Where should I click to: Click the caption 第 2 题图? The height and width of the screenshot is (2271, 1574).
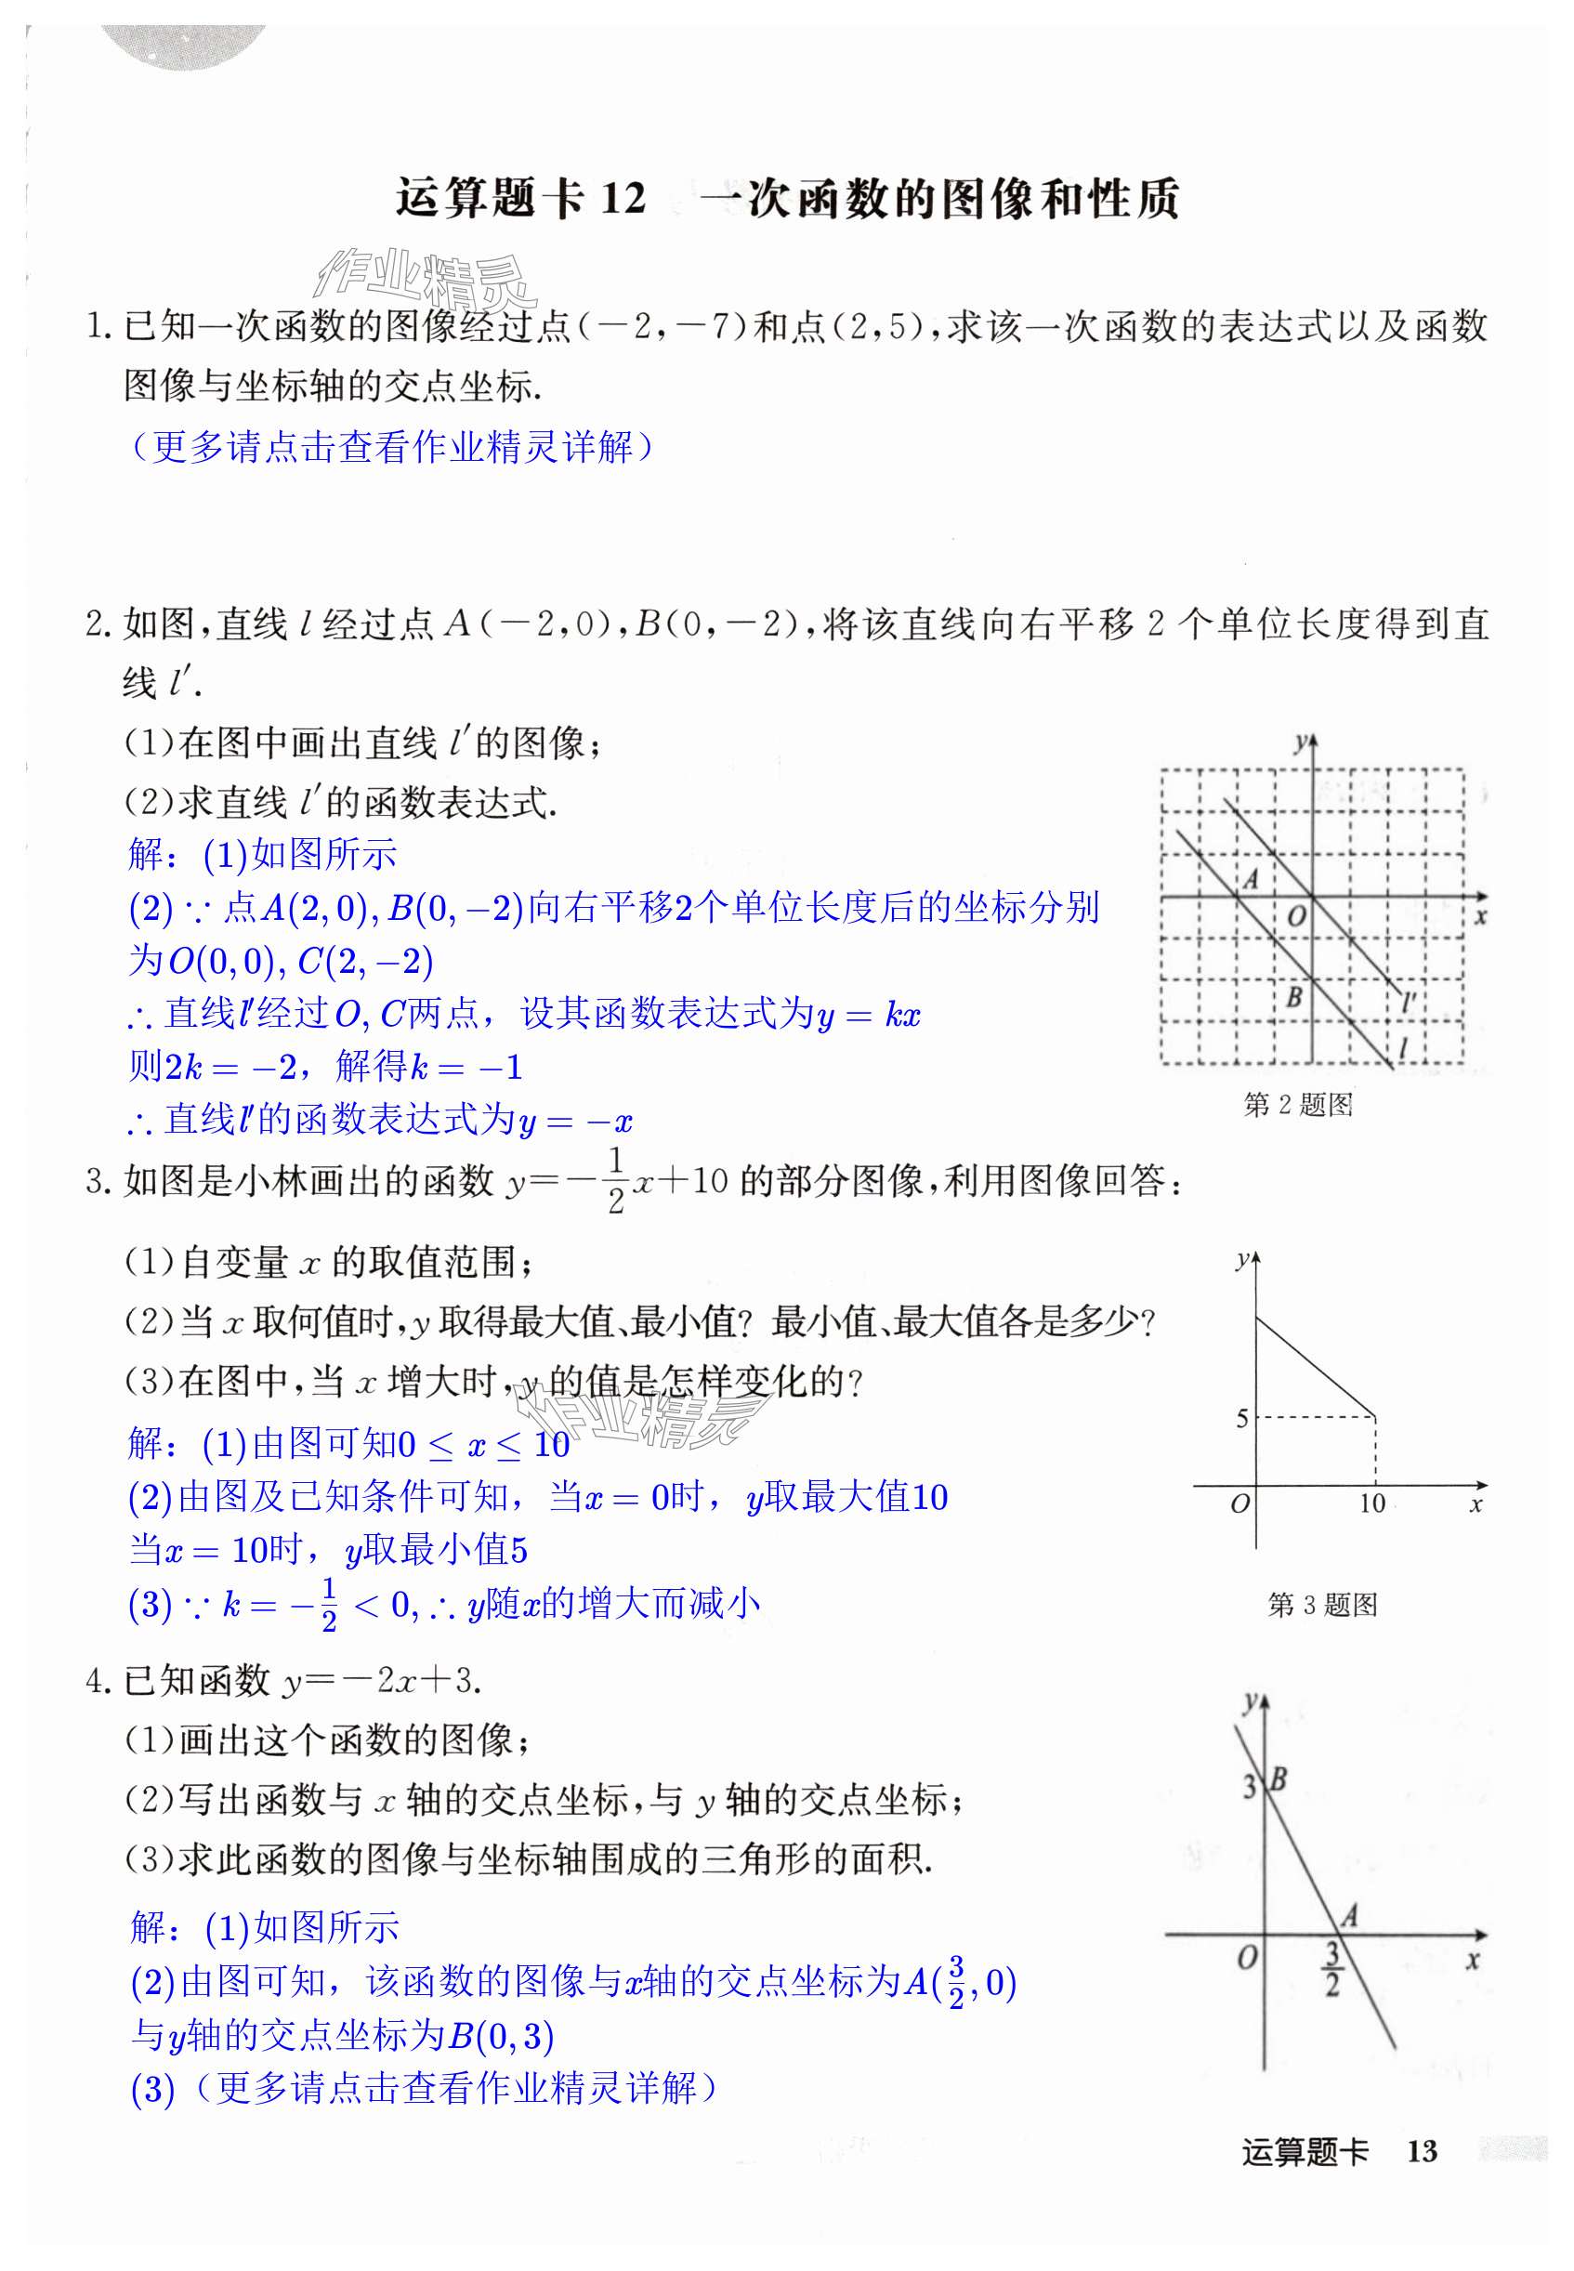[1297, 1105]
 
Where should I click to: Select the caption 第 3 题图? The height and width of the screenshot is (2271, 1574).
[1321, 1606]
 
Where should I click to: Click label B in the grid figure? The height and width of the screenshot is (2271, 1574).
[1294, 997]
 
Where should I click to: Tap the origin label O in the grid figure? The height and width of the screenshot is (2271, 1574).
[1296, 916]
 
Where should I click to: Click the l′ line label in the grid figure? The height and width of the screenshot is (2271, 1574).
[1410, 1004]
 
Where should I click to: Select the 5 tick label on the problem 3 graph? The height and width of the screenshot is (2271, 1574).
[1241, 1419]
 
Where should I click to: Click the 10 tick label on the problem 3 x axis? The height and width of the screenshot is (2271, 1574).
[1371, 1503]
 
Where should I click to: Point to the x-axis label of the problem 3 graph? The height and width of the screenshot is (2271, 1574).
[1476, 1504]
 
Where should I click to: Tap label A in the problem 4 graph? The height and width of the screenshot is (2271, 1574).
[1349, 1916]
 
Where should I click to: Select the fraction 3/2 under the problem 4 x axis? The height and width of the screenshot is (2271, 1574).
[1331, 1968]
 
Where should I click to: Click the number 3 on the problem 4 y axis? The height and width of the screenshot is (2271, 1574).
[1250, 1785]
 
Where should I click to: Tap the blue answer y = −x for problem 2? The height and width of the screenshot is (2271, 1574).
[576, 1122]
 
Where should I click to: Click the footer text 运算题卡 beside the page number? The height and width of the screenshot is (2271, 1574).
[1304, 2151]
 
